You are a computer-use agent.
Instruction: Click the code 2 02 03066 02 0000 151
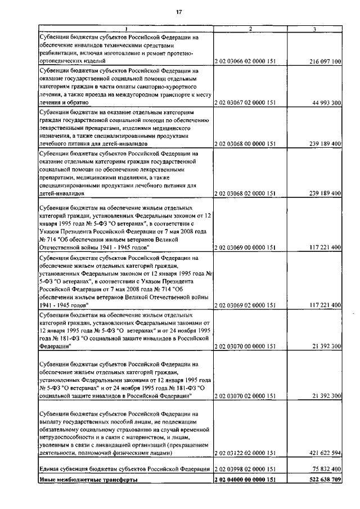pyautogui.click(x=245, y=61)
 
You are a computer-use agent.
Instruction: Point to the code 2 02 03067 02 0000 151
pyautogui.click(x=245, y=103)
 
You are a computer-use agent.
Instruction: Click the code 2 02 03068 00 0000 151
pyautogui.click(x=245, y=144)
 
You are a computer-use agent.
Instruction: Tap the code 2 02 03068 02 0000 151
pyautogui.click(x=245, y=193)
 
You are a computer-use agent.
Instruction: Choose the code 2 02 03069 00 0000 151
pyautogui.click(x=245, y=247)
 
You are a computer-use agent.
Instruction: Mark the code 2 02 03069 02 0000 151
pyautogui.click(x=245, y=305)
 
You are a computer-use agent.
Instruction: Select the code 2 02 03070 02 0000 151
pyautogui.click(x=245, y=397)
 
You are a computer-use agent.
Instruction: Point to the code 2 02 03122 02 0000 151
pyautogui.click(x=245, y=453)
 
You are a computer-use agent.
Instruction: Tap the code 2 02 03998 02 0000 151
pyautogui.click(x=245, y=469)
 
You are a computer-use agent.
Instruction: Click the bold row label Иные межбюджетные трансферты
pyautogui.click(x=88, y=480)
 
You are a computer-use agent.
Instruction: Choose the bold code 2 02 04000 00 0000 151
pyautogui.click(x=245, y=480)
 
